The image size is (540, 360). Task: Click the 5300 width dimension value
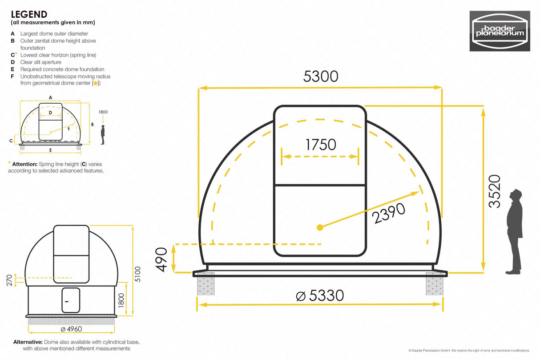tap(321, 77)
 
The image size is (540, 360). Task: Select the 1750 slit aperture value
tap(320, 145)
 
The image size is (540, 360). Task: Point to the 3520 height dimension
tap(494, 191)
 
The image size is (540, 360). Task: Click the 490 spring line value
tap(161, 259)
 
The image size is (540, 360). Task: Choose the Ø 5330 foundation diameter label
tap(320, 295)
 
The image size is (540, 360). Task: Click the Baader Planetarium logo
tap(500, 31)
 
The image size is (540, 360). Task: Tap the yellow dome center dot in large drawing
tap(319, 228)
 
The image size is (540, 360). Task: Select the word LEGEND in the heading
tap(29, 15)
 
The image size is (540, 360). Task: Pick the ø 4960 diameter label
tap(71, 329)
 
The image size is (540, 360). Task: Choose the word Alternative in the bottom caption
tap(28, 342)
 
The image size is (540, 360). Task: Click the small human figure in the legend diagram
tap(103, 134)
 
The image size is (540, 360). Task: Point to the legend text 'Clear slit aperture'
tap(41, 62)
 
